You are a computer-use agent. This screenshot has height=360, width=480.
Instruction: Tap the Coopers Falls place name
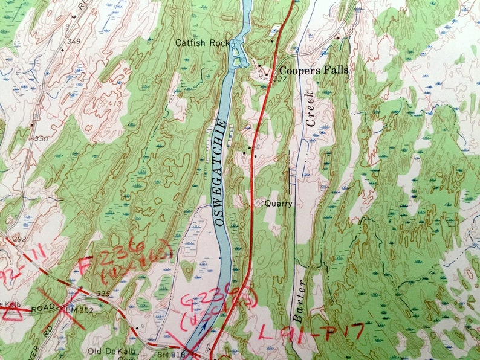pyautogui.click(x=313, y=70)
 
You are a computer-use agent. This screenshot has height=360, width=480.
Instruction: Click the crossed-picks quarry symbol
pyautogui.click(x=261, y=204)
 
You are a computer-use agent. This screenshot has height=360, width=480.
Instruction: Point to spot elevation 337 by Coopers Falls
pyautogui.click(x=279, y=79)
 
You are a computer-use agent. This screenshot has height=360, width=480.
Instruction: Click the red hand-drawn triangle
pyautogui.click(x=13, y=313)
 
